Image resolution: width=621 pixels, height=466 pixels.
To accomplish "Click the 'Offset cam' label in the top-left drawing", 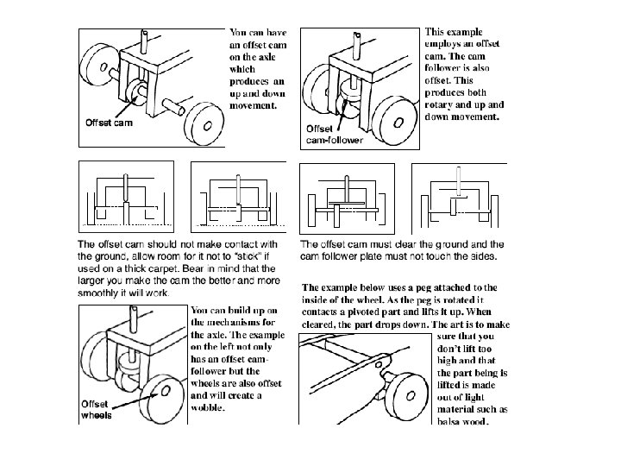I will coord(108,123).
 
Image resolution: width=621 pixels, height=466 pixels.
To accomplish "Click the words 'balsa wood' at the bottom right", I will coord(464,422).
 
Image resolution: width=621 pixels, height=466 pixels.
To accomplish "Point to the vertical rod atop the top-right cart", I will coord(354,42).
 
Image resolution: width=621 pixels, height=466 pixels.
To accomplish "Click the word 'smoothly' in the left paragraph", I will coord(99,293).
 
